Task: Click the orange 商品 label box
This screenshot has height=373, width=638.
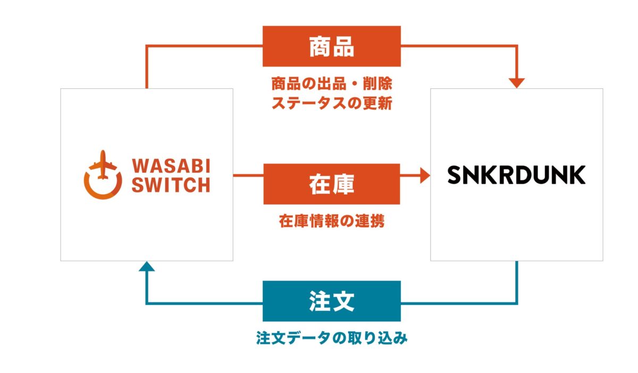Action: [x=332, y=47]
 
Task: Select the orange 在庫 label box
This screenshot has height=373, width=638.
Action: [x=332, y=184]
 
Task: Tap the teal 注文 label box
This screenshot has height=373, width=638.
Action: [x=332, y=301]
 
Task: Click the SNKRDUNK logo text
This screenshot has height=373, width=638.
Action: [x=516, y=174]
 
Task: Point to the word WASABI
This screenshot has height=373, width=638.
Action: [x=171, y=166]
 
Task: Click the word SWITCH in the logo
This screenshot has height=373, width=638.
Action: [x=171, y=185]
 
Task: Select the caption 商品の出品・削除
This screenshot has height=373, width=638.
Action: [x=332, y=84]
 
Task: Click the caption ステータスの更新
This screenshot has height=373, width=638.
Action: [x=332, y=103]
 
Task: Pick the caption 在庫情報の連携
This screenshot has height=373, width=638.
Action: [x=332, y=222]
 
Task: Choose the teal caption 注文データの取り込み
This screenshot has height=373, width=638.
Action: [x=332, y=338]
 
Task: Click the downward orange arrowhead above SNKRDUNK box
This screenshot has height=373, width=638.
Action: [x=517, y=83]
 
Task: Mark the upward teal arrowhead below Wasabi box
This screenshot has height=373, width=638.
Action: [x=147, y=266]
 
